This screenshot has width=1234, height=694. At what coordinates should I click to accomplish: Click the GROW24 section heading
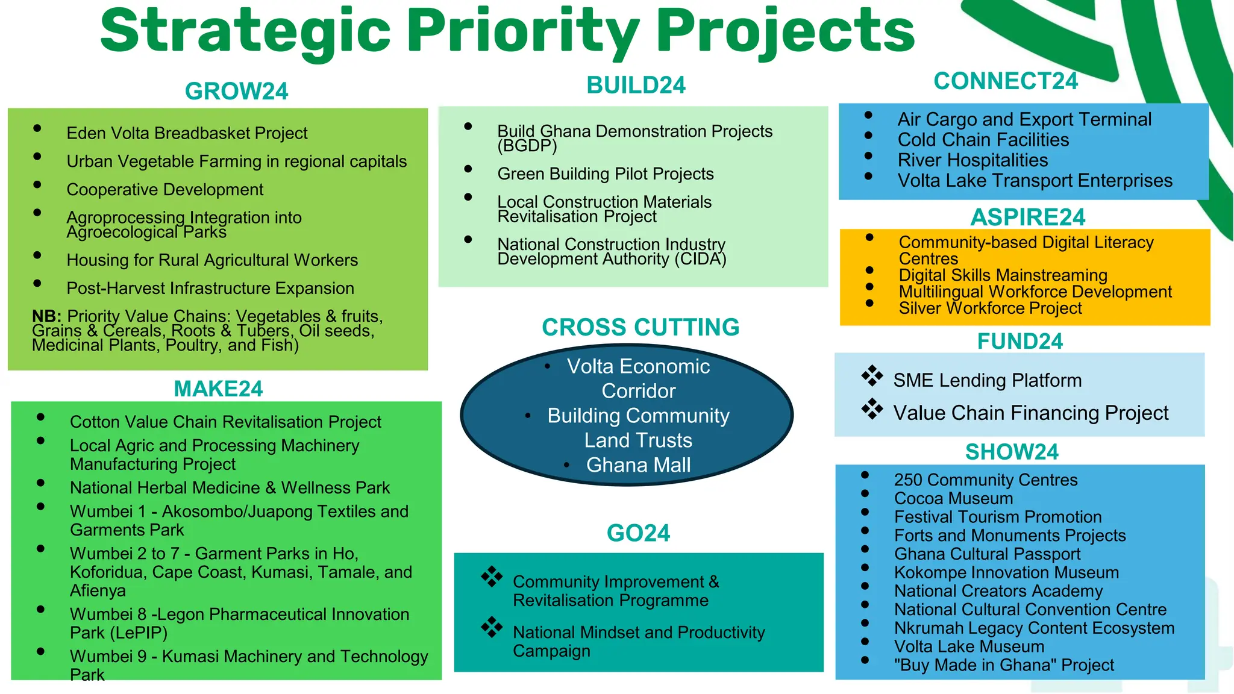pyautogui.click(x=236, y=92)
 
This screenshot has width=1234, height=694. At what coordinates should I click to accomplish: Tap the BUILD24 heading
pyautogui.click(x=636, y=86)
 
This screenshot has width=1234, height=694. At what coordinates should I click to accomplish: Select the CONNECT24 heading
pyautogui.click(x=1005, y=81)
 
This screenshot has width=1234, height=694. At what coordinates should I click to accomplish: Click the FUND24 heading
pyautogui.click(x=1019, y=342)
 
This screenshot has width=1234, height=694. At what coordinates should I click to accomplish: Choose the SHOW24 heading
pyautogui.click(x=1012, y=452)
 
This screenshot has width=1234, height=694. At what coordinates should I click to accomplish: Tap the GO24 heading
pyautogui.click(x=638, y=533)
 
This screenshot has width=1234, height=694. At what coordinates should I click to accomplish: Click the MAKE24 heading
pyautogui.click(x=218, y=389)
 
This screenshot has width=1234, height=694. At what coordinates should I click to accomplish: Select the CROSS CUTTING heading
pyautogui.click(x=640, y=327)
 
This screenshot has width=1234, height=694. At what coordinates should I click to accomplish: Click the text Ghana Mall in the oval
pyautogui.click(x=638, y=465)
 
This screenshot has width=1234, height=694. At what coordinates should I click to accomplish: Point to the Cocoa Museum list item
pyautogui.click(x=953, y=499)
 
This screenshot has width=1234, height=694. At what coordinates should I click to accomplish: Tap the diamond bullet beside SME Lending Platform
pyautogui.click(x=872, y=376)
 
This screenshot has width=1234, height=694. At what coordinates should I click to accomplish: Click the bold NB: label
pyautogui.click(x=46, y=316)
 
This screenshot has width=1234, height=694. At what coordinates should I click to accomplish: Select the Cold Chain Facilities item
pyautogui.click(x=983, y=140)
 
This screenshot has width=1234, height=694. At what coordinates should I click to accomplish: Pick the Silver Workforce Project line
pyautogui.click(x=990, y=308)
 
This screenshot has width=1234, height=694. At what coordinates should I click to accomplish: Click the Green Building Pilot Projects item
pyautogui.click(x=605, y=174)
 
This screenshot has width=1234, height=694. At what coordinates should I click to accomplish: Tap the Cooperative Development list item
pyautogui.click(x=164, y=190)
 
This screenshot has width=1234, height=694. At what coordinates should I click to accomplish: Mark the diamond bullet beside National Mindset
pyautogui.click(x=492, y=627)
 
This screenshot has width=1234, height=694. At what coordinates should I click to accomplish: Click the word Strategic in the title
pyautogui.click(x=246, y=31)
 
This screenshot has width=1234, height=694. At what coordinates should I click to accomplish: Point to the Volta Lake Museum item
pyautogui.click(x=969, y=647)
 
